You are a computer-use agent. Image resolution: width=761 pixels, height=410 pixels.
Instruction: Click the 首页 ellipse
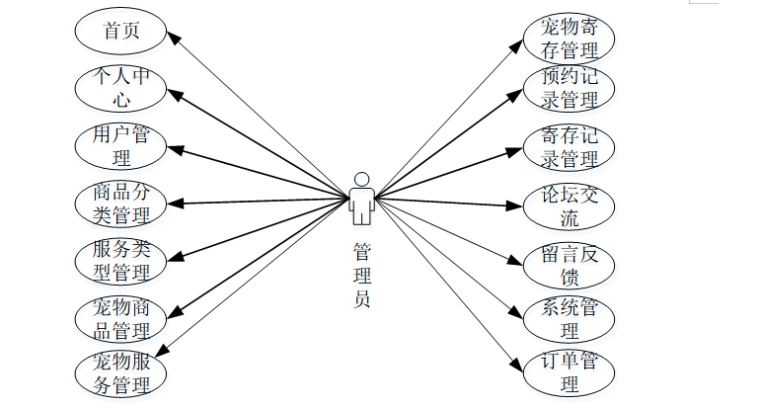(120, 32)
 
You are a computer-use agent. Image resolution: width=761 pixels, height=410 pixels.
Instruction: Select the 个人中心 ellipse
(120, 87)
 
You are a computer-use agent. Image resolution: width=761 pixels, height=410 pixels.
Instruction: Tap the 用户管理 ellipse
(120, 144)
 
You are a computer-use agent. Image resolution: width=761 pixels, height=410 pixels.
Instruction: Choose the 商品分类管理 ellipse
(120, 202)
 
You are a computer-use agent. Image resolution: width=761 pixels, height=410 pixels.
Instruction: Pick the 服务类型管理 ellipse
(120, 259)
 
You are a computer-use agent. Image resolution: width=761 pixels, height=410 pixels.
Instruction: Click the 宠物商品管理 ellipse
(120, 316)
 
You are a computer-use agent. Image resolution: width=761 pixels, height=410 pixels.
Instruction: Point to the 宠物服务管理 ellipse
(120, 371)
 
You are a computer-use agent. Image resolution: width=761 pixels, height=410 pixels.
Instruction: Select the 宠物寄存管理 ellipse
(570, 39)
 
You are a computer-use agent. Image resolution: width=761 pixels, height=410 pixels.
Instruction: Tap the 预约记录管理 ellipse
(570, 88)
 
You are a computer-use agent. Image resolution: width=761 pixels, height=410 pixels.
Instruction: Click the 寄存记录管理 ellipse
(570, 146)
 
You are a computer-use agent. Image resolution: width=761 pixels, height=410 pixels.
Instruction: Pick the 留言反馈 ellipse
(570, 263)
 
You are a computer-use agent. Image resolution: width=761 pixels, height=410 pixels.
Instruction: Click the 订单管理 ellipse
(570, 372)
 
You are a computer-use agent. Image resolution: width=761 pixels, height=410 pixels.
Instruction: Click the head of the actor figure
(362, 179)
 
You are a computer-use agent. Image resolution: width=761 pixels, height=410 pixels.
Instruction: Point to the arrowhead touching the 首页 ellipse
(172, 37)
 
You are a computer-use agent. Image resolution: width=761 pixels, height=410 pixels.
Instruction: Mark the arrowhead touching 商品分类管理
(174, 203)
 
